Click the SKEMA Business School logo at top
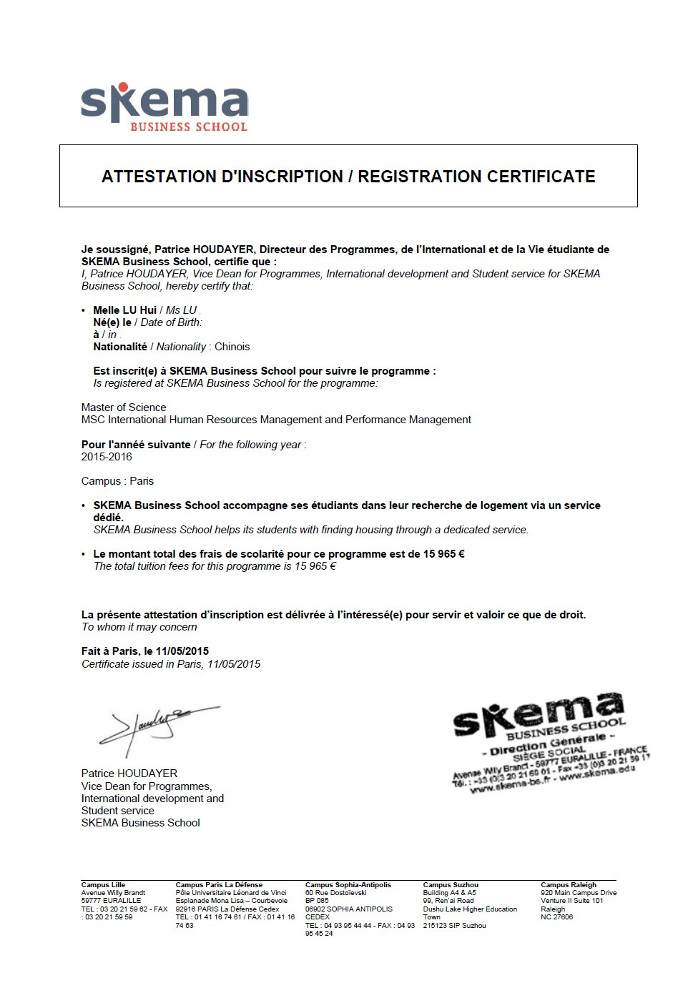coord(164,108)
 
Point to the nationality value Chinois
coord(232,347)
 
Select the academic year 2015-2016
coord(107,457)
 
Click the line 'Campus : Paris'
coord(117,481)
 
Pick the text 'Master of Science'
coord(124,407)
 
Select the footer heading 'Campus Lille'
coord(103,885)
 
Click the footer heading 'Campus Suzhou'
coord(451,885)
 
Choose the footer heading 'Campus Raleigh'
coord(569,885)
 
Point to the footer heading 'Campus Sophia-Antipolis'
coord(348,885)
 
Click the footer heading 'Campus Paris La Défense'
coord(219,885)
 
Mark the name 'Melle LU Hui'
coord(124,310)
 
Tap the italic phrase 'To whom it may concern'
coord(139,627)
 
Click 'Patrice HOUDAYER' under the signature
coord(129,774)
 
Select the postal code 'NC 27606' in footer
coord(557,917)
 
